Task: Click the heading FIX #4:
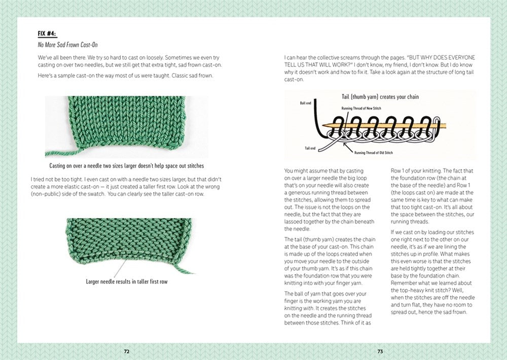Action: (48, 34)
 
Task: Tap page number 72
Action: (127, 351)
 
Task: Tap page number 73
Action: (380, 351)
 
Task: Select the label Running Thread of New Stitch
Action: (368, 107)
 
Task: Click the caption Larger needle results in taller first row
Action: (127, 281)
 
